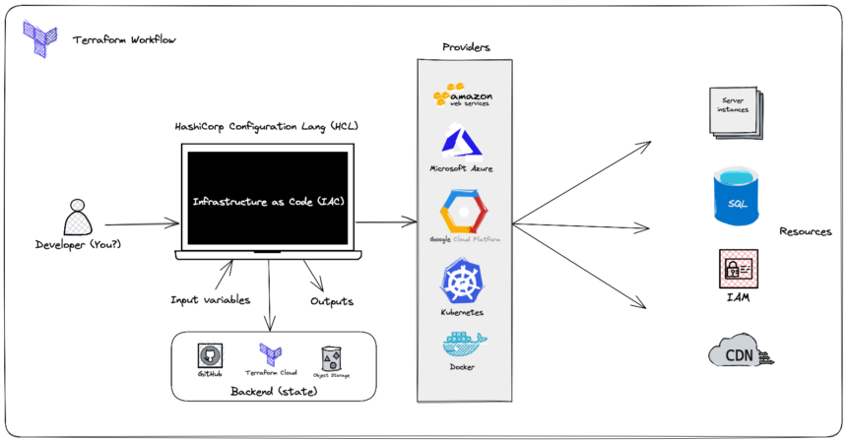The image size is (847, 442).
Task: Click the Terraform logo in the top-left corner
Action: click(x=41, y=36)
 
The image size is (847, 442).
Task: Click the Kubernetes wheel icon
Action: click(x=462, y=281)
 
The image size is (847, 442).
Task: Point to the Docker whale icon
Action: click(x=462, y=345)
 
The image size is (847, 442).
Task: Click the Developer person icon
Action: click(x=76, y=217)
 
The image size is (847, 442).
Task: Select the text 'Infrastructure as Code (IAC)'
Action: click(x=268, y=201)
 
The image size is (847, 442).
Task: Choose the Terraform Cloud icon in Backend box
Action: click(x=270, y=353)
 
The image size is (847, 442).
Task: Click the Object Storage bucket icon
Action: click(x=332, y=356)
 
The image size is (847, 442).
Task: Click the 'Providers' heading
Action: click(x=465, y=47)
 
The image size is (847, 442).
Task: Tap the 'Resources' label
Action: click(x=805, y=232)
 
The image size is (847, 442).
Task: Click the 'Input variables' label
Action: click(x=210, y=299)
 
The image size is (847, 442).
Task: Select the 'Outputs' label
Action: click(x=331, y=301)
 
